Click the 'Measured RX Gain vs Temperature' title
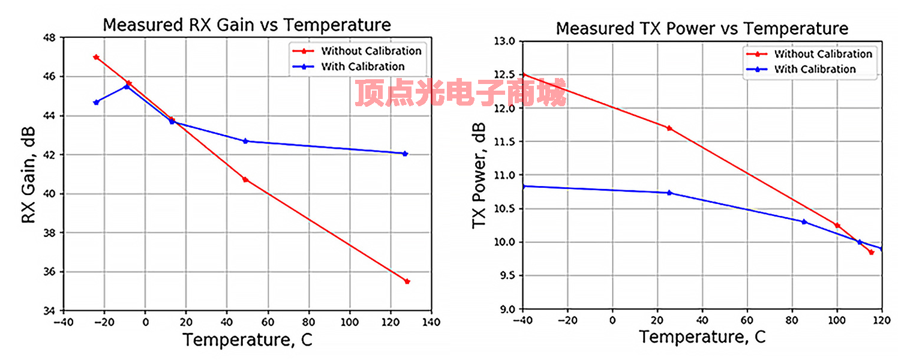[x=247, y=25]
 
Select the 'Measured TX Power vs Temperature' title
[x=702, y=28]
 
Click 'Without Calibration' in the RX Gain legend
[x=371, y=51]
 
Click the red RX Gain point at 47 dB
[x=96, y=57]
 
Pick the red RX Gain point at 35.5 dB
[x=407, y=281]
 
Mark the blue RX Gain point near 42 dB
[x=405, y=154]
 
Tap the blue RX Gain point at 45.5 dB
[x=127, y=86]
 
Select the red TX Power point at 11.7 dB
[x=669, y=128]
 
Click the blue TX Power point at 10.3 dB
[x=804, y=222]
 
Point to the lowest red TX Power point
[x=871, y=253]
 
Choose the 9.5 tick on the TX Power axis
[x=506, y=276]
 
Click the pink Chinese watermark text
[x=460, y=94]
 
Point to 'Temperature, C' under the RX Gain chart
[x=247, y=340]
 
